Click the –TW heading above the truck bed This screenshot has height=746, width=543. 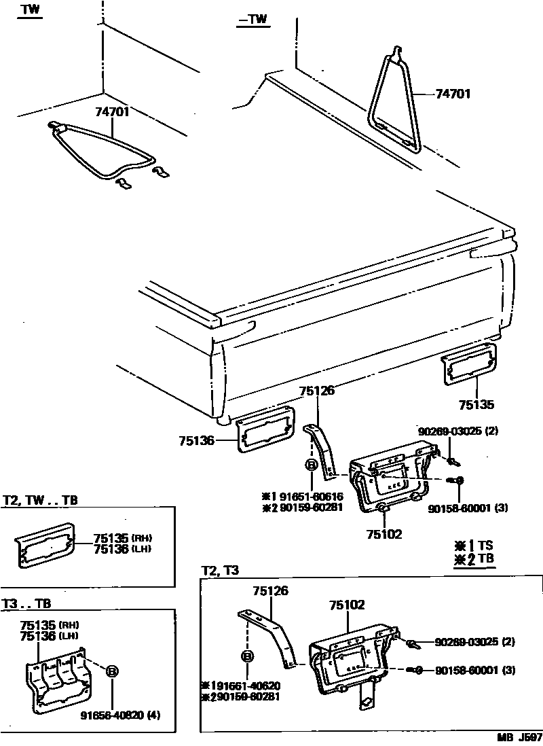tap(252, 20)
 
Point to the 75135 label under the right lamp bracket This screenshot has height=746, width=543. tap(476, 405)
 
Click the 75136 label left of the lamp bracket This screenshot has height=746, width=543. tap(197, 441)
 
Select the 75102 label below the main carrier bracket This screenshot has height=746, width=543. tap(384, 535)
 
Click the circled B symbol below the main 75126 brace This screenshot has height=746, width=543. tap(311, 465)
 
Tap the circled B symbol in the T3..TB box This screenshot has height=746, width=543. tap(112, 671)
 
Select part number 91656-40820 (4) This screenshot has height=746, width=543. tap(120, 715)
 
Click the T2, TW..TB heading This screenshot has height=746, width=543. tap(40, 501)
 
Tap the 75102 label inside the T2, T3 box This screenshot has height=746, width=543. tap(347, 603)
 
